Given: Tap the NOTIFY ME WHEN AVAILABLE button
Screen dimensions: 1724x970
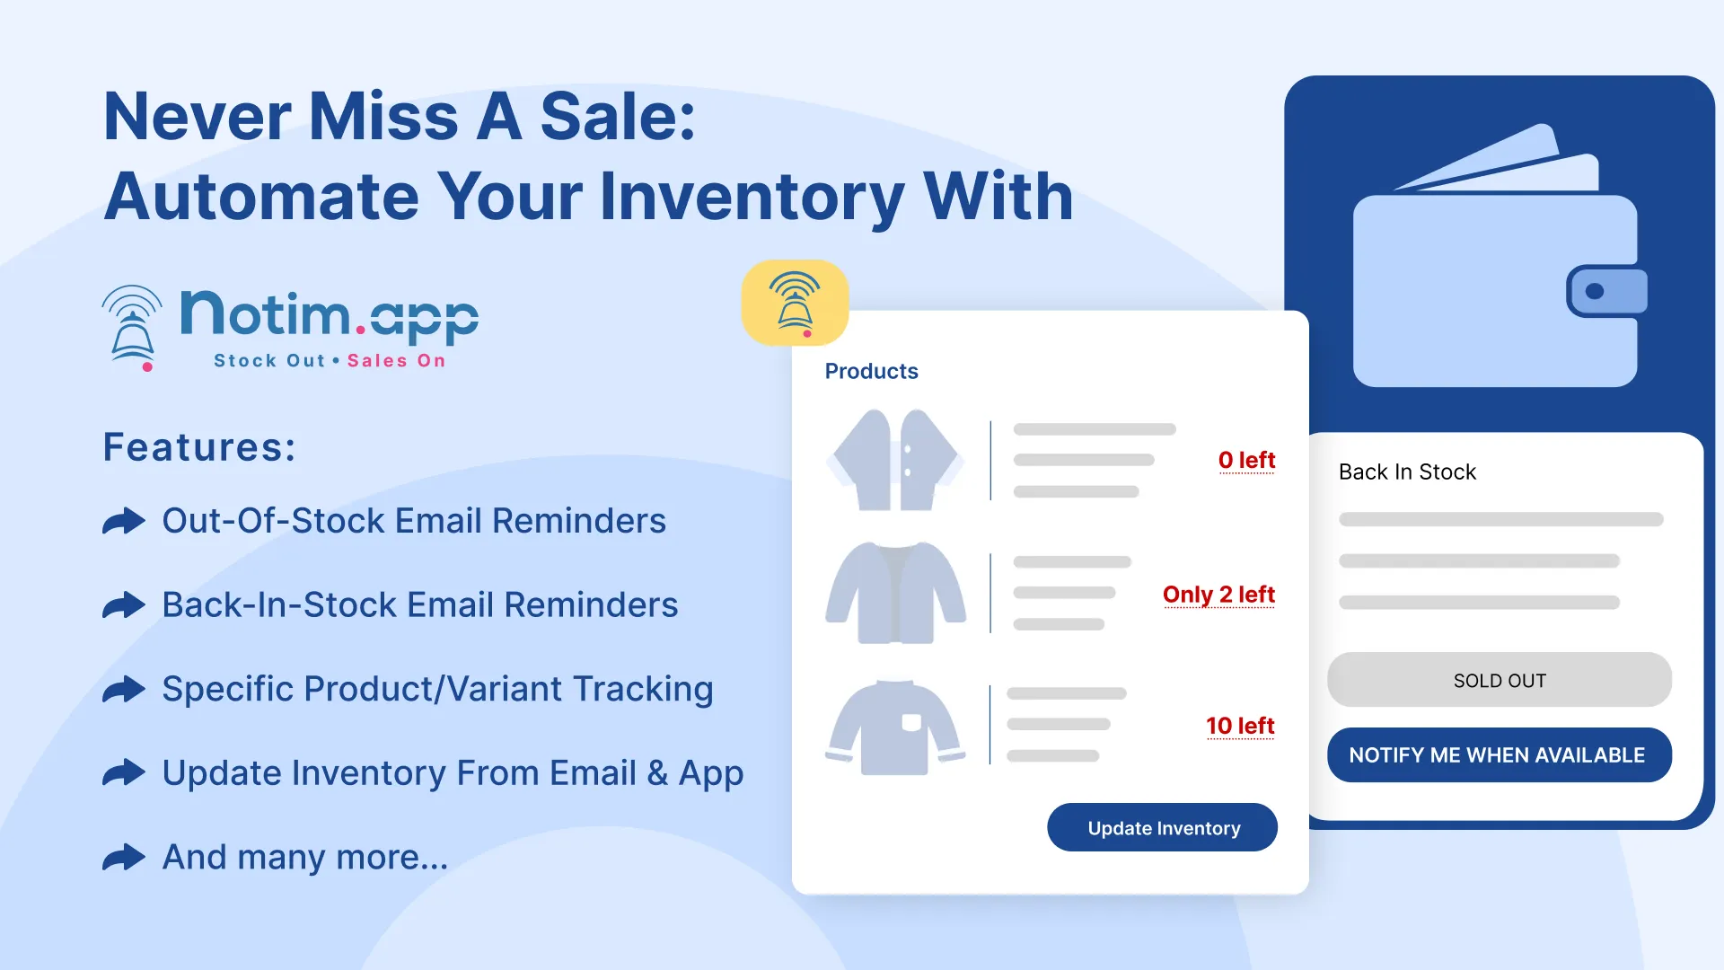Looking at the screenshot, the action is [x=1499, y=754].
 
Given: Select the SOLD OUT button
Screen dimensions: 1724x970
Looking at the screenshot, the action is [x=1499, y=680].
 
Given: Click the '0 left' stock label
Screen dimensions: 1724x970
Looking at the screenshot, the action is [x=1246, y=460].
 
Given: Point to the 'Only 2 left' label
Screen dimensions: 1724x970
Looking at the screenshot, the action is [x=1218, y=595].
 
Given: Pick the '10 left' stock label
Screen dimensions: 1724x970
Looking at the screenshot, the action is [x=1240, y=726].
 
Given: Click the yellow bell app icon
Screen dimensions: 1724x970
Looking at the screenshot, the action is [x=795, y=303].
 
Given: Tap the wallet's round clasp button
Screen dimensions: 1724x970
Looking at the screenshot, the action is [x=1595, y=291].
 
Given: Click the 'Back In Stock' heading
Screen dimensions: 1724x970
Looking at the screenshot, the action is [x=1407, y=472].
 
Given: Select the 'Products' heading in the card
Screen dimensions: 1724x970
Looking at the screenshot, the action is [x=871, y=371].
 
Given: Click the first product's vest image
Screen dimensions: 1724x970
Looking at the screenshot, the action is [x=894, y=460].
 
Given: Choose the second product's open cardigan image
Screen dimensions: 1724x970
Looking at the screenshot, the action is [x=895, y=593].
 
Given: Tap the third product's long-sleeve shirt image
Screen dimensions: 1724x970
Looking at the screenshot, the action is [x=895, y=727].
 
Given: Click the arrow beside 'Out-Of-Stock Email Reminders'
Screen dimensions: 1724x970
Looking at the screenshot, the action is [x=124, y=521].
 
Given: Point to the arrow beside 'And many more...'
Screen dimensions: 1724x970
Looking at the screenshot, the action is [x=124, y=857].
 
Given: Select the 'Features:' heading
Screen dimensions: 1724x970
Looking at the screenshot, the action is [x=199, y=446].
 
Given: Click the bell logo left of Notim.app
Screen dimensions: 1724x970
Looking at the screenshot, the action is [x=132, y=328].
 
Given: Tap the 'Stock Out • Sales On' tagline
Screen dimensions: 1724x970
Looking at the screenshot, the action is [x=330, y=360].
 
